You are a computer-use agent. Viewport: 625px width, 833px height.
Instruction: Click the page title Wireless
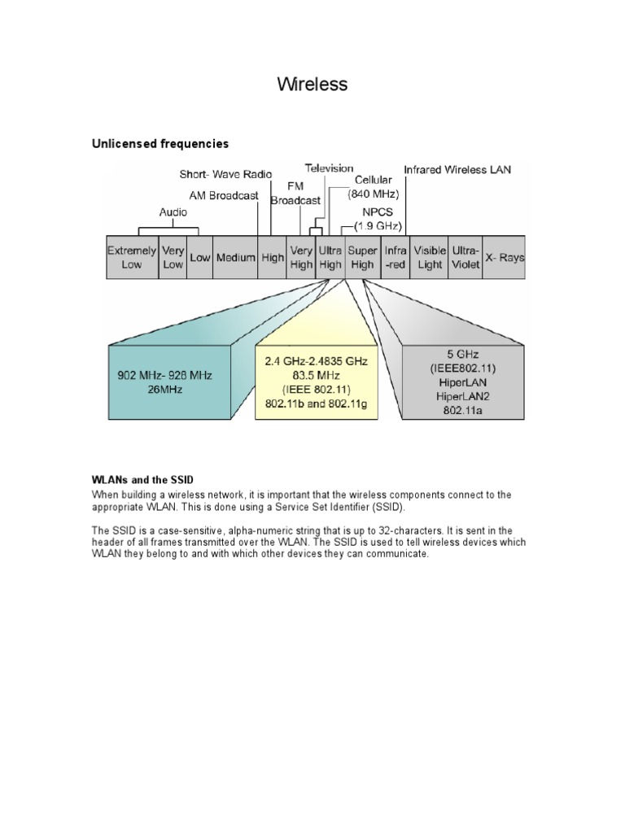click(x=312, y=84)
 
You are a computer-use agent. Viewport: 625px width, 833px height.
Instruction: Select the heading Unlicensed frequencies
click(x=160, y=144)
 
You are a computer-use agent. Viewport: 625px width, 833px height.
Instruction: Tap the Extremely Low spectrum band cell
click(x=132, y=258)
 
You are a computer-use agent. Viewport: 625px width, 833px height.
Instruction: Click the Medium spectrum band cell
click(x=235, y=258)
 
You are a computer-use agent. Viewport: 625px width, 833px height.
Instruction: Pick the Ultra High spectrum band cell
click(x=330, y=258)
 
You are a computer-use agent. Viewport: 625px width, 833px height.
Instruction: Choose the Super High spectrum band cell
click(x=361, y=258)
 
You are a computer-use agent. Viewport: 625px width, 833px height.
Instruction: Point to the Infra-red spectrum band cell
click(x=396, y=258)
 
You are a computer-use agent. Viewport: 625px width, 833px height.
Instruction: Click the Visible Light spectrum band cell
click(x=429, y=258)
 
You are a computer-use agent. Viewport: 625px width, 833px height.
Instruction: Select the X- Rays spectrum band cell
click(x=505, y=258)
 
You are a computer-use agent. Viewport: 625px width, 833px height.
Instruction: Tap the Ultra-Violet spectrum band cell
click(x=465, y=258)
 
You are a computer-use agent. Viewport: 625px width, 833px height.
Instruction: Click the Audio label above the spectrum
click(x=173, y=212)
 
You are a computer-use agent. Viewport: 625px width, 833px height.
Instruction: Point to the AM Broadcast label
click(x=223, y=196)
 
